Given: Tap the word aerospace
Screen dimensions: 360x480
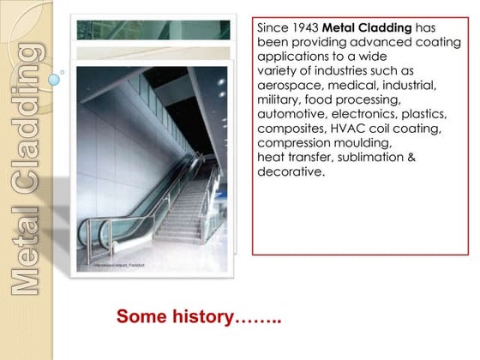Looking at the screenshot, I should (x=289, y=86).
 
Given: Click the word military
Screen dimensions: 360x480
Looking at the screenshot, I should (x=280, y=100).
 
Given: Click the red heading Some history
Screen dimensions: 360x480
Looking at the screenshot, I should (x=199, y=317).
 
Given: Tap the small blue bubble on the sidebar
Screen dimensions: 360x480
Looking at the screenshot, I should (x=56, y=80).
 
